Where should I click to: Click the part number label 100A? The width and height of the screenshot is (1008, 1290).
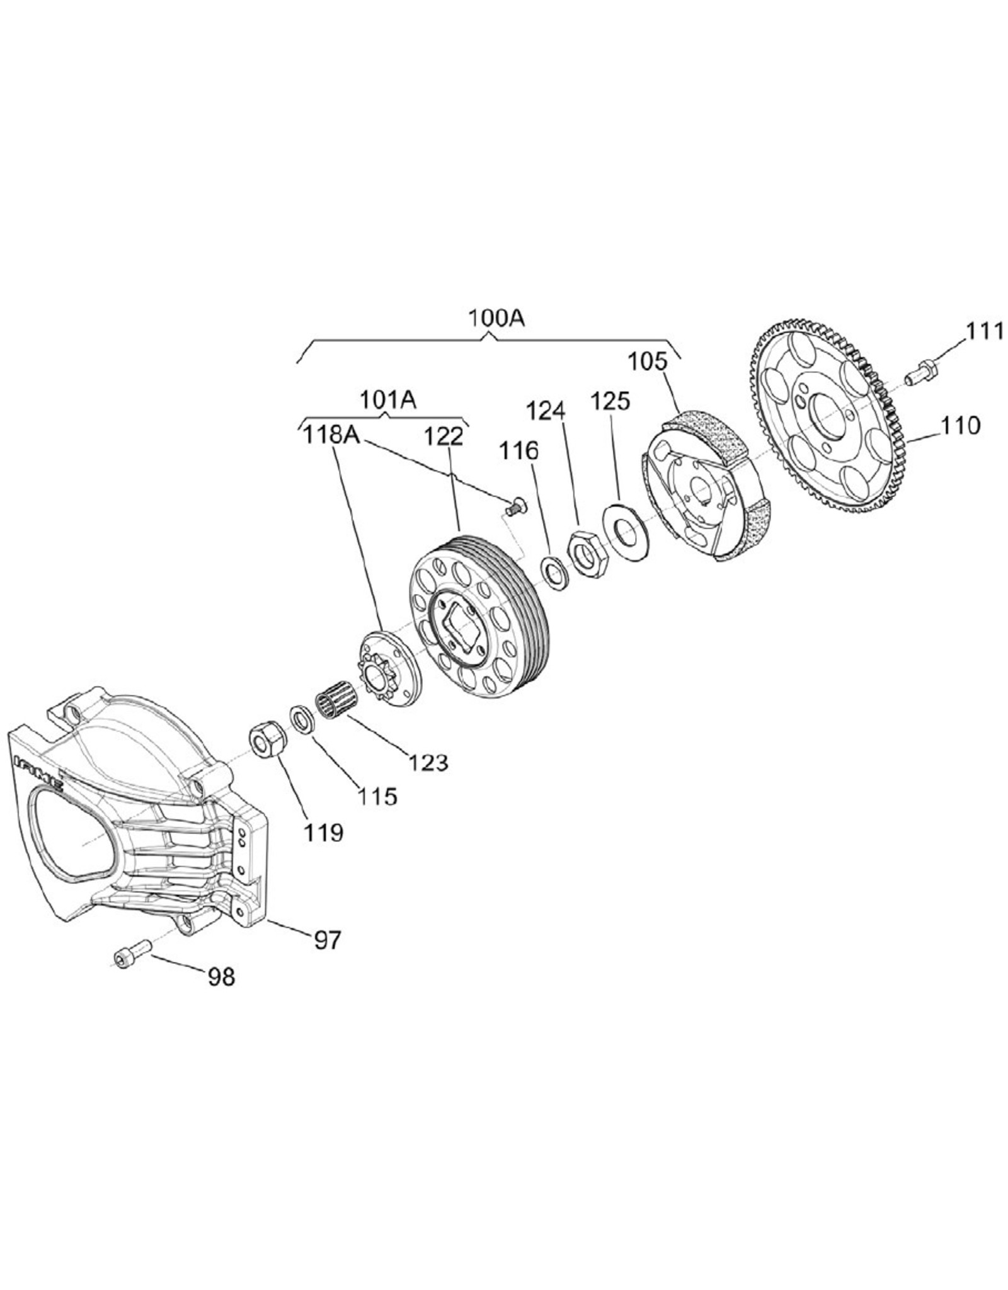pyautogui.click(x=496, y=318)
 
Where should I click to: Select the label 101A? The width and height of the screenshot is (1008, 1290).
pyautogui.click(x=387, y=401)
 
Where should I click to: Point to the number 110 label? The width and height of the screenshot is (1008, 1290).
pyautogui.click(x=961, y=426)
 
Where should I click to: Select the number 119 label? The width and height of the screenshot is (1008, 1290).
pyautogui.click(x=324, y=832)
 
